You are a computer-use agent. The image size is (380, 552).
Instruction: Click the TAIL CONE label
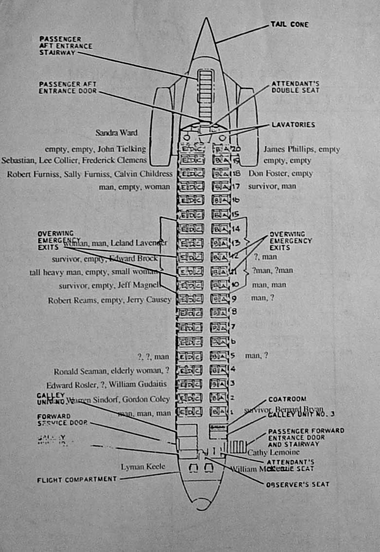pyautogui.click(x=290, y=24)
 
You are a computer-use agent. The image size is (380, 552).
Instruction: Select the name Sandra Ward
pyautogui.click(x=116, y=132)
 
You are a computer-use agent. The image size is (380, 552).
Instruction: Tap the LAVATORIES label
pyautogui.click(x=293, y=125)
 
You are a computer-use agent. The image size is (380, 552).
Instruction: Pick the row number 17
pyautogui.click(x=236, y=186)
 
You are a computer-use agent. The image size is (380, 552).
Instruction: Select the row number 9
pyautogui.click(x=235, y=299)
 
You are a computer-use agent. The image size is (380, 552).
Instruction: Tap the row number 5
pyautogui.click(x=235, y=355)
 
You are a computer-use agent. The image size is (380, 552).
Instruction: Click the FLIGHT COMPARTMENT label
pyautogui.click(x=77, y=479)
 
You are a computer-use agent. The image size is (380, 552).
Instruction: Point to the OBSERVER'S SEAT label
pyautogui.click(x=297, y=484)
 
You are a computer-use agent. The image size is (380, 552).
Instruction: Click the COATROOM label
pyautogui.click(x=287, y=399)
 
